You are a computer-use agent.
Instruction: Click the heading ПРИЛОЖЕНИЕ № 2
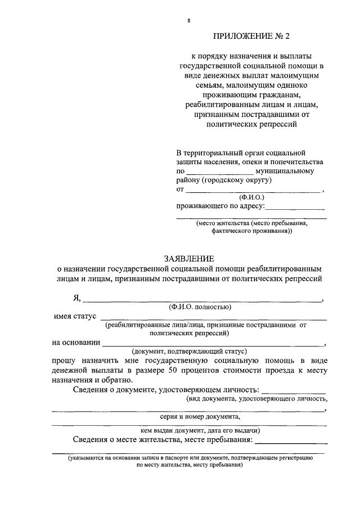click(250, 37)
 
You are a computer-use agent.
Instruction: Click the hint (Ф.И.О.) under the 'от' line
click(251, 197)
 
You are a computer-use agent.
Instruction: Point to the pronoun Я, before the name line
click(78, 298)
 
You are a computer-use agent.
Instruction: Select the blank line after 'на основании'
click(214, 343)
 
